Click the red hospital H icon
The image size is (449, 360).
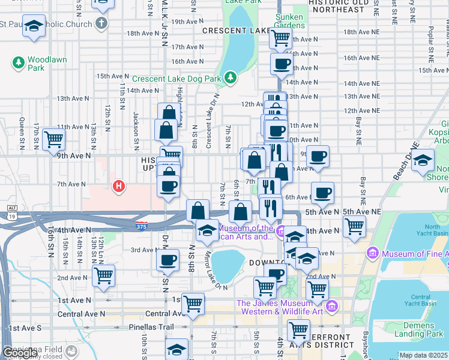tap(119, 187)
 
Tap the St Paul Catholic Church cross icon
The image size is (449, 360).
tap(101, 24)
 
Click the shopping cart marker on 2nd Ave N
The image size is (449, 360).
tap(104, 277)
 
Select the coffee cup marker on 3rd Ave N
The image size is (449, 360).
tap(167, 260)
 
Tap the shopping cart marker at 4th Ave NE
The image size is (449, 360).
tap(354, 226)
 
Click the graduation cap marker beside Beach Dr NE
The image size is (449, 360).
tap(423, 160)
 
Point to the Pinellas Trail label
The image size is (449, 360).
tap(151, 328)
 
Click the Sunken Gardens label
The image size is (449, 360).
tap(290, 21)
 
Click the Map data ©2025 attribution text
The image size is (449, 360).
tap(423, 355)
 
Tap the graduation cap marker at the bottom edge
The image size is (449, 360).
tap(177, 350)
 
